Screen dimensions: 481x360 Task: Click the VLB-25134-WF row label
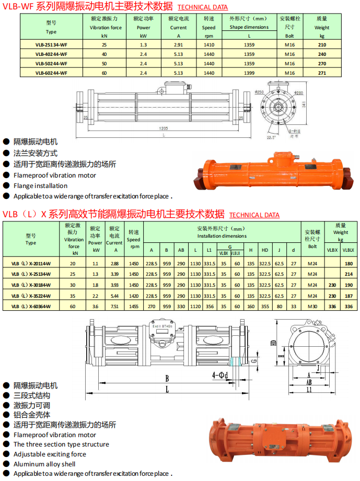51,45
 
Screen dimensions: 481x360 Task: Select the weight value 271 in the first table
322,73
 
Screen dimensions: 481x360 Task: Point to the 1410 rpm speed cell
209,45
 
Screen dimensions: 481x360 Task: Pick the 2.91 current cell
178,45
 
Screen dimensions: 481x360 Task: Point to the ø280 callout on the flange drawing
299,93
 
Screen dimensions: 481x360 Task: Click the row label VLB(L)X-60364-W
31,306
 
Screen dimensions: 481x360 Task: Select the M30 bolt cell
312,306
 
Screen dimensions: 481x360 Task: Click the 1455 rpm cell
134,306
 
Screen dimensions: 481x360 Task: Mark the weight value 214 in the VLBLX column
349,274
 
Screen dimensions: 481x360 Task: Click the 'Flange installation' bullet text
40,186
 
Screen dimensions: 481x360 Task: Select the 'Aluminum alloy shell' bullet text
44,464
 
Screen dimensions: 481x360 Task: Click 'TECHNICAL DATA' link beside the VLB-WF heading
203,7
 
